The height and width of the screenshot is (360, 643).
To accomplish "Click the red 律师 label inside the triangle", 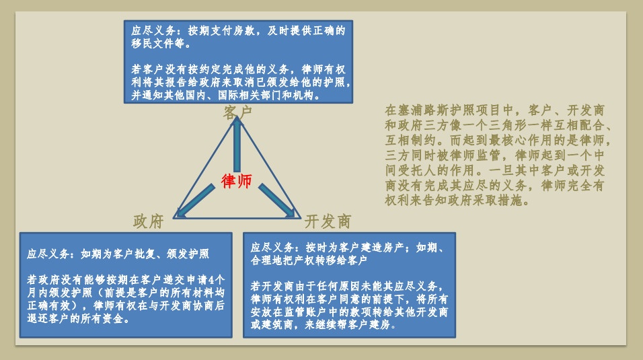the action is [x=236, y=180].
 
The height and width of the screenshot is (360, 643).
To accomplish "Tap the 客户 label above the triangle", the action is [x=237, y=112].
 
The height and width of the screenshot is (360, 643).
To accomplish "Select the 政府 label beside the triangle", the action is [x=149, y=221].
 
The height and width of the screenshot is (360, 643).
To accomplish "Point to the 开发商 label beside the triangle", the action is [x=328, y=221].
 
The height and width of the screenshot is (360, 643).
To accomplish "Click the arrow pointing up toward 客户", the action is [x=237, y=144].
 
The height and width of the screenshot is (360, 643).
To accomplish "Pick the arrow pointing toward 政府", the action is [x=194, y=201].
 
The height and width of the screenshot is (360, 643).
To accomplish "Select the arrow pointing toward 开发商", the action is [x=277, y=201].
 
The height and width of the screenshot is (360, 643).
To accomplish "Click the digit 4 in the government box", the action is [x=211, y=280].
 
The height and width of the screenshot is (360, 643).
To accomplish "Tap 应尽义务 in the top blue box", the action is [x=153, y=31].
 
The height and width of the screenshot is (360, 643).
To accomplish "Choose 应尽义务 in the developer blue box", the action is [x=272, y=248].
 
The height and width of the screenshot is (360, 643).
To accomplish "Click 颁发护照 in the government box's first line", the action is [x=188, y=254].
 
